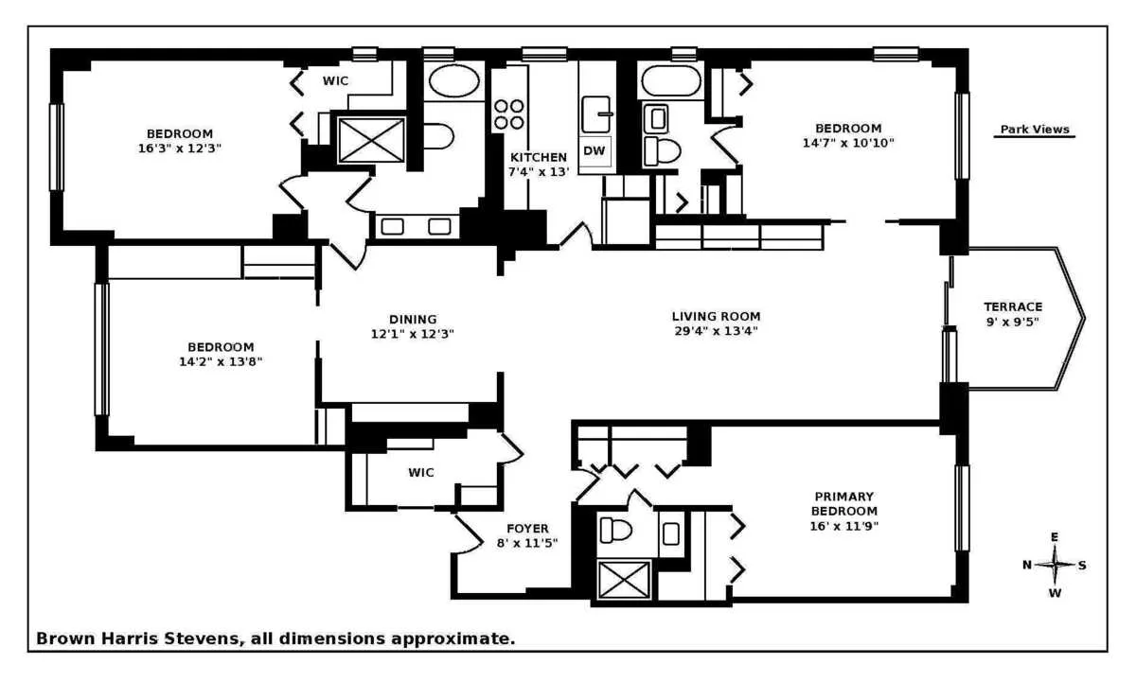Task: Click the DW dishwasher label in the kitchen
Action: (x=594, y=150)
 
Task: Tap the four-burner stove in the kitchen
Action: (x=508, y=114)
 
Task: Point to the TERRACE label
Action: (x=1012, y=306)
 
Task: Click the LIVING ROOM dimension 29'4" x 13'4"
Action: (x=716, y=331)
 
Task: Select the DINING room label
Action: (x=413, y=319)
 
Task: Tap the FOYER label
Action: (x=527, y=528)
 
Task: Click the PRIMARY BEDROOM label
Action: (x=843, y=503)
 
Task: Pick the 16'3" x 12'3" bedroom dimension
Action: (x=180, y=148)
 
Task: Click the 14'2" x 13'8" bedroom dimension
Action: (x=220, y=361)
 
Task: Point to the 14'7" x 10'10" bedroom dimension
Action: (x=848, y=143)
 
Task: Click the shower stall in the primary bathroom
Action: (x=624, y=579)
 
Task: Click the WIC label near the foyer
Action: (x=421, y=472)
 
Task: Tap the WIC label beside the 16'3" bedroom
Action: (x=335, y=80)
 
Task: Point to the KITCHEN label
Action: (x=538, y=157)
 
